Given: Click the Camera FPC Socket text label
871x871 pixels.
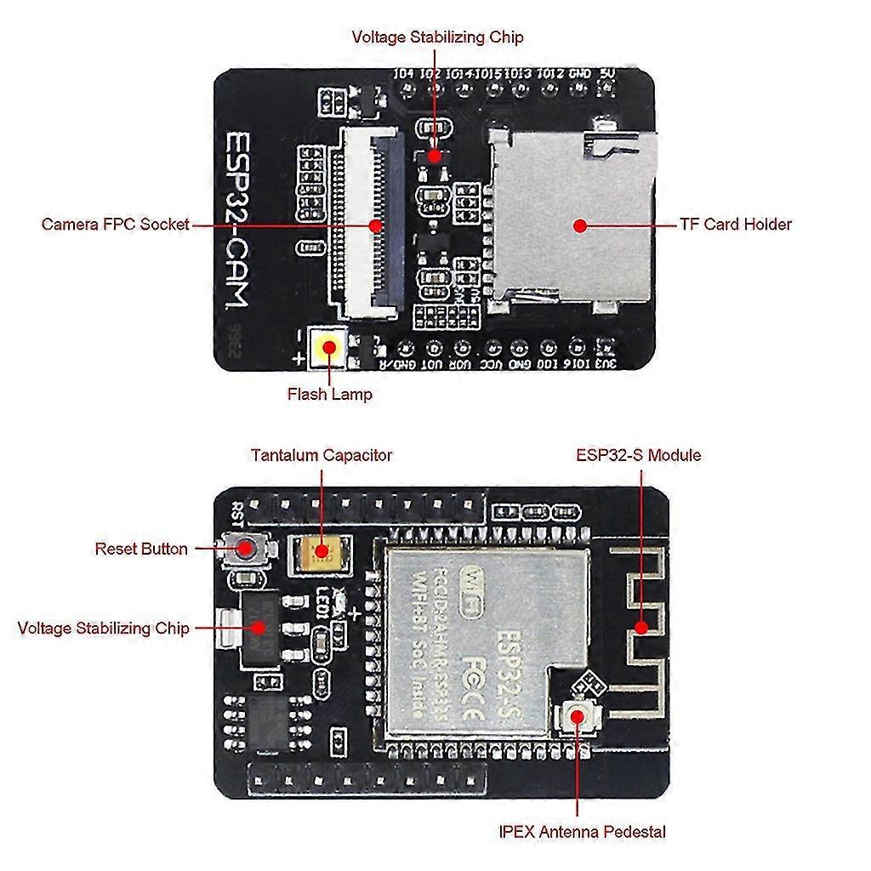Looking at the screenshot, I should [x=115, y=225].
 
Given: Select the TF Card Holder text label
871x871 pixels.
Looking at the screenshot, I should [x=735, y=225].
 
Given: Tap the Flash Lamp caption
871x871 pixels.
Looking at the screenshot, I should [x=329, y=394].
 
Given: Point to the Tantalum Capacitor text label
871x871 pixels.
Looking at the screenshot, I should [x=322, y=455].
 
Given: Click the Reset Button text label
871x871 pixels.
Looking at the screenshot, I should [x=141, y=549].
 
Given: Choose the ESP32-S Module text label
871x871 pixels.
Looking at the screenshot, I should [x=638, y=455].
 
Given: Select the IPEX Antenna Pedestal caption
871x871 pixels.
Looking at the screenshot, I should [x=583, y=831].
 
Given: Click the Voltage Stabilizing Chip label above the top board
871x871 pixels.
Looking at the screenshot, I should [x=437, y=37].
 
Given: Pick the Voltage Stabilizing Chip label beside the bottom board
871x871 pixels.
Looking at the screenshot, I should [x=103, y=629].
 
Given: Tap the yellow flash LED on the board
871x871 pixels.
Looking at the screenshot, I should [x=327, y=348].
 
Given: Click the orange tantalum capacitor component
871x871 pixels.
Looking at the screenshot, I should [x=321, y=551].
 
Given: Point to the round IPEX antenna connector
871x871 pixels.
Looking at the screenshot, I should [x=578, y=716].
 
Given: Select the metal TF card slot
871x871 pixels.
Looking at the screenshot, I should [x=570, y=217].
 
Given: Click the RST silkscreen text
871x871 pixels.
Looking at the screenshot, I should [x=237, y=513].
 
